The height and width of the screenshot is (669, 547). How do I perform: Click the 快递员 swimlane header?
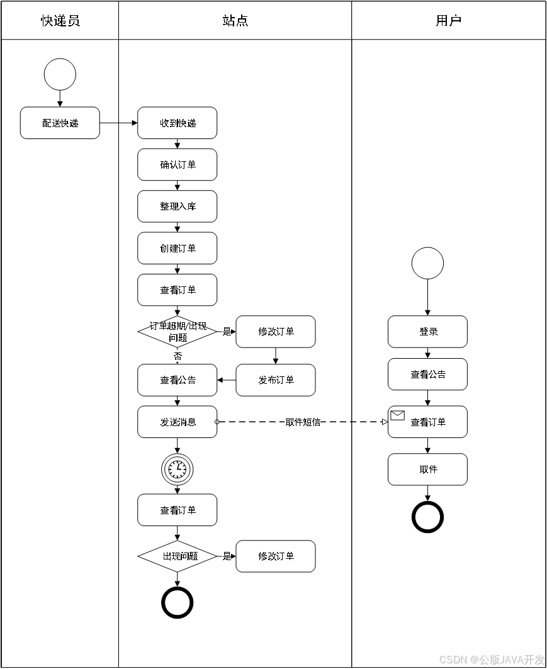pos(60,21)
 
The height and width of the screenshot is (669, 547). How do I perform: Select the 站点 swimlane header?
pos(235,21)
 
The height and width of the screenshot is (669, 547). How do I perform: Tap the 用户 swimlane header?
pos(448,21)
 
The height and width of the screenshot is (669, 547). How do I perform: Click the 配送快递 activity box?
pos(60,123)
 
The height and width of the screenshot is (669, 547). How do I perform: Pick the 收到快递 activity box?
pos(177,123)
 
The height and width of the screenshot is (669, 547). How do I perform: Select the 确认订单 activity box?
pos(177,165)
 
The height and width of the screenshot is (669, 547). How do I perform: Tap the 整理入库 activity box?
pos(177,206)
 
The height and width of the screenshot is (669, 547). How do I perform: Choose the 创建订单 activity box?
pos(177,249)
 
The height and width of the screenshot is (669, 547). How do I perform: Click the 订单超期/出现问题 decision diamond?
pos(177,332)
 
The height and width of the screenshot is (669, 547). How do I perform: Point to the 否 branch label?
pos(178,356)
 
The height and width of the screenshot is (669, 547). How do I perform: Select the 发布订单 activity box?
pos(276,380)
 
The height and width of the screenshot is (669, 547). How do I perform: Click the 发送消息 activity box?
pos(177,422)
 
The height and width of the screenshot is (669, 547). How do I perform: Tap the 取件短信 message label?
pos(303,422)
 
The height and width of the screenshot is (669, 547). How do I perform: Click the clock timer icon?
pos(177,469)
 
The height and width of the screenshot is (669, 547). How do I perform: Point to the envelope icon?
pos(397,415)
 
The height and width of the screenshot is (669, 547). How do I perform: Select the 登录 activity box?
pos(427,332)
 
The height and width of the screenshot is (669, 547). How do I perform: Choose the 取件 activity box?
pos(427,469)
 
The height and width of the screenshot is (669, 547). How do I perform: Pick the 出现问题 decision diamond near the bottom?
pos(177,556)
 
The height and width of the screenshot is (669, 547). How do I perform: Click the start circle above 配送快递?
pos(60,74)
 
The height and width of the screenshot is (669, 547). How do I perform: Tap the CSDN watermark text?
pos(491,659)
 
